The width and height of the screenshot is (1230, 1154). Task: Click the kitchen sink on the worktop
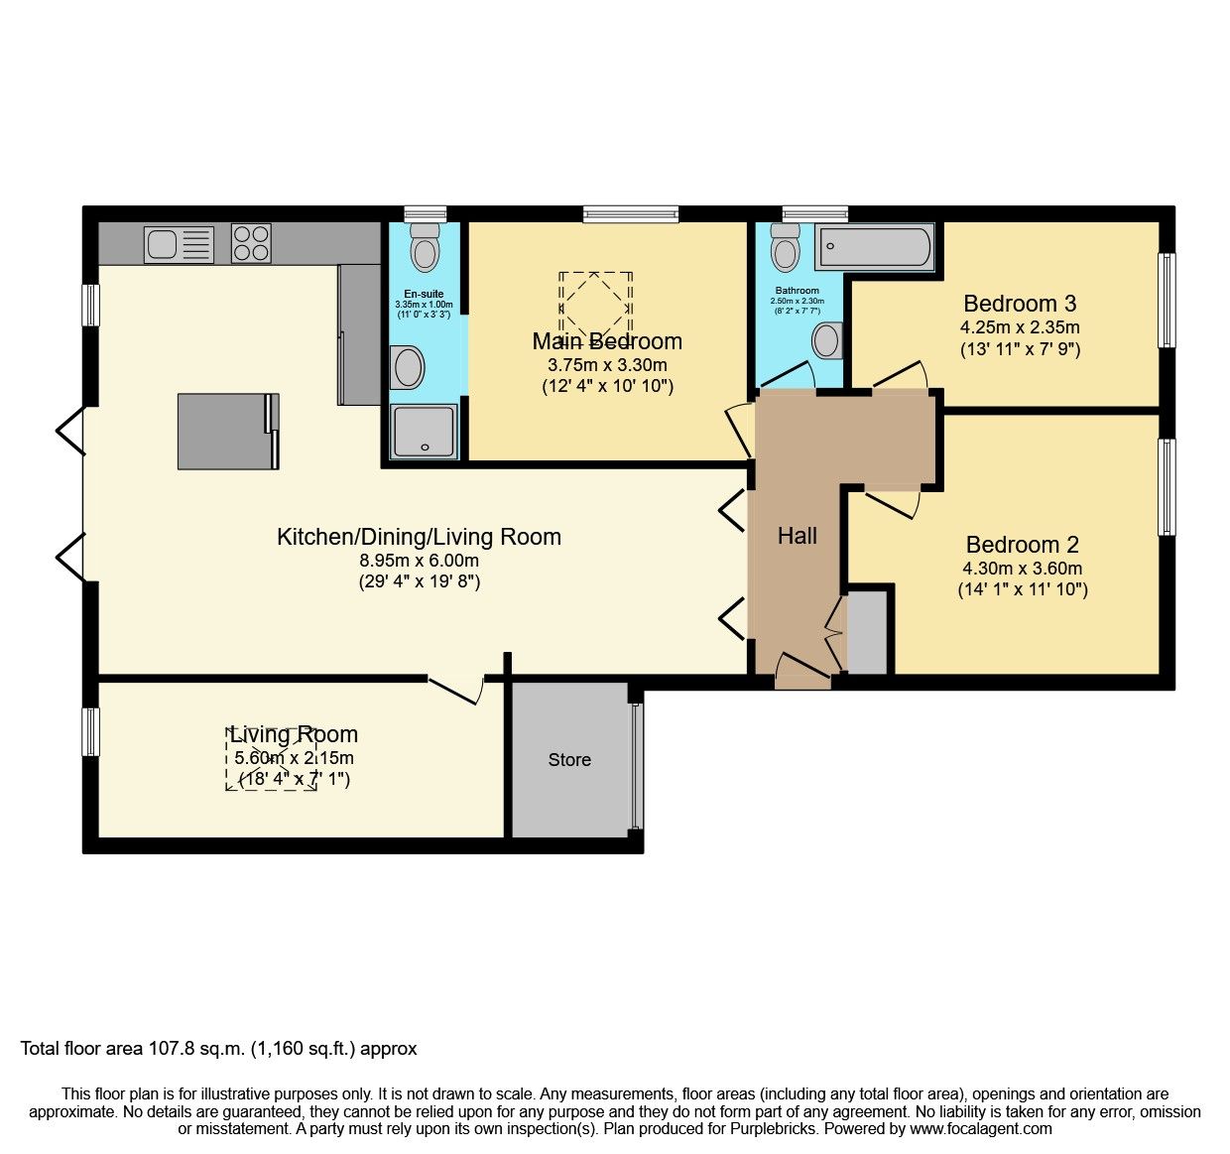click(x=179, y=244)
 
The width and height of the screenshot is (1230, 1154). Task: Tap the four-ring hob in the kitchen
click(x=251, y=243)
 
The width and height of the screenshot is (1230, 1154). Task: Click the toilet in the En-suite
click(x=426, y=247)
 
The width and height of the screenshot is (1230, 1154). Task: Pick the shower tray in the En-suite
click(x=425, y=432)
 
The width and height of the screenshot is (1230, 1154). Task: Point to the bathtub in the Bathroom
click(x=874, y=247)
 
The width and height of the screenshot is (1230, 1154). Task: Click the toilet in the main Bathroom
click(x=786, y=247)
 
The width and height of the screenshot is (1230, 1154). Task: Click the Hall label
click(x=797, y=537)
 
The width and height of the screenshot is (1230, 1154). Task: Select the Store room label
click(x=569, y=760)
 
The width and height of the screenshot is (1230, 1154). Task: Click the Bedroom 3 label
click(x=1020, y=304)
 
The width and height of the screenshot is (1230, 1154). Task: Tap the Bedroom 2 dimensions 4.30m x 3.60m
click(x=1022, y=569)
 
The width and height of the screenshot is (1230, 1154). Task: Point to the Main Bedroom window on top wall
click(x=631, y=213)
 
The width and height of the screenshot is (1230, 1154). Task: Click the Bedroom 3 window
click(x=1168, y=300)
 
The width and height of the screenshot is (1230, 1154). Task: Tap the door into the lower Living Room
click(x=455, y=690)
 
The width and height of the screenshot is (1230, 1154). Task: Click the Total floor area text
click(x=219, y=1049)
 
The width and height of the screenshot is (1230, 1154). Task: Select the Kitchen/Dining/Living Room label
click(x=419, y=537)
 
